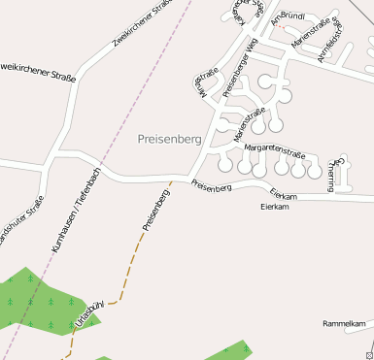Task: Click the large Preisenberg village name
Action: point(169,139)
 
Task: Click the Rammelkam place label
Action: point(346,323)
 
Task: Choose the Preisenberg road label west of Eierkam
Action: point(211,185)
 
